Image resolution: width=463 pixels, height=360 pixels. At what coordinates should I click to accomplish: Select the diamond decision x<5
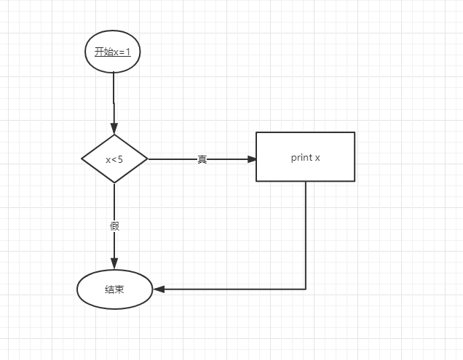point(114,159)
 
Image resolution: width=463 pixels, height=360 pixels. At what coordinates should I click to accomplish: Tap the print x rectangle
point(305,156)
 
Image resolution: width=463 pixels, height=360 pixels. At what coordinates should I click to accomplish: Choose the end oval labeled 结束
point(114,289)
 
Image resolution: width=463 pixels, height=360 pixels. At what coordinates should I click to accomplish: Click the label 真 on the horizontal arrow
point(202,159)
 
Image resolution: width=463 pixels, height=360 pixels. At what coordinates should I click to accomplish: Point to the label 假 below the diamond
point(114,226)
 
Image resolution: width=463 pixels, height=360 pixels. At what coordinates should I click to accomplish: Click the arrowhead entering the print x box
point(251,159)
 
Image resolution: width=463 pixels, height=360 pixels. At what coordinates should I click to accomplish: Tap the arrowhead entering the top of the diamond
point(114,129)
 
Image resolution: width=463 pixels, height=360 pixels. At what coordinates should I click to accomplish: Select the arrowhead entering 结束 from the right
point(158,289)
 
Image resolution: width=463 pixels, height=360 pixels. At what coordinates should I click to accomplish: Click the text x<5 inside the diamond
point(114,159)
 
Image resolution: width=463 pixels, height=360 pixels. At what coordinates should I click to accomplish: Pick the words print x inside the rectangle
point(306,157)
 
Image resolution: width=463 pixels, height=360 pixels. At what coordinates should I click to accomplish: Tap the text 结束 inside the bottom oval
point(114,289)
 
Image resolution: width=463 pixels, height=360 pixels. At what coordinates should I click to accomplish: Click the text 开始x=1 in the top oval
point(113,52)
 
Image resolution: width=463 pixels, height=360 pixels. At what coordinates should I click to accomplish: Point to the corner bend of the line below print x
point(306,289)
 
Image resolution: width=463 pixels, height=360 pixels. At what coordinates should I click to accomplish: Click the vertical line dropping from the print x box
point(306,233)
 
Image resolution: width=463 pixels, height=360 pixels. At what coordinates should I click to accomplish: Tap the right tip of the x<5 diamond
point(147,159)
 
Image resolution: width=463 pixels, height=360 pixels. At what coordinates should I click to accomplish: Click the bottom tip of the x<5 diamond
point(114,183)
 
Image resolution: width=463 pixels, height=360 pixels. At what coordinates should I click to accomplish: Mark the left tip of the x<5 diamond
point(82,159)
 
